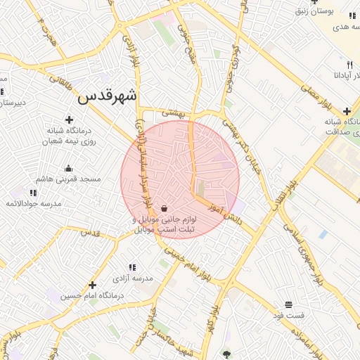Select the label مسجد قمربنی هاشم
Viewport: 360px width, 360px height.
click(68, 179)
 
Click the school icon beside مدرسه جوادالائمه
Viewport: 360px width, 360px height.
click(33, 193)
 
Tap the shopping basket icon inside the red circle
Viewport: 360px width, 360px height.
click(164, 208)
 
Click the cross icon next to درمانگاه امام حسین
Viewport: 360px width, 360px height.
click(92, 285)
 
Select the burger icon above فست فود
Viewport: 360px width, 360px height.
click(288, 304)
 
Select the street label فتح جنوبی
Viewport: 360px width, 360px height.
click(188, 45)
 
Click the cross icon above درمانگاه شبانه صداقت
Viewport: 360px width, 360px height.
click(347, 111)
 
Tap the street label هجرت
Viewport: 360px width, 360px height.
click(46, 28)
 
